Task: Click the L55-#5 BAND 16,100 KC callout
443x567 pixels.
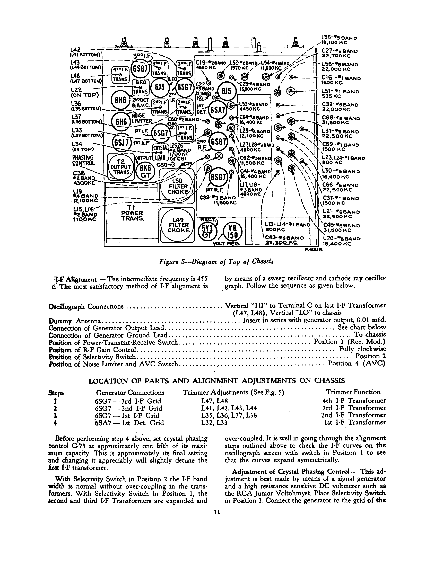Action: [339, 40]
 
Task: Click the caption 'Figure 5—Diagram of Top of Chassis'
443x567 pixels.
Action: [216, 262]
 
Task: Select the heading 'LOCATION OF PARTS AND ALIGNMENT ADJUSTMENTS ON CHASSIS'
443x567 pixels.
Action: [216, 381]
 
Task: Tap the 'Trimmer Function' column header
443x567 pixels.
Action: [353, 392]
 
